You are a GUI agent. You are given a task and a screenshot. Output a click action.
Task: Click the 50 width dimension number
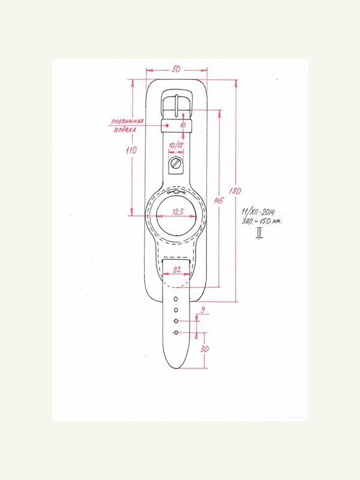(x=176, y=70)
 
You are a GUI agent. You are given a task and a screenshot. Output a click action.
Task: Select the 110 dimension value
(x=131, y=151)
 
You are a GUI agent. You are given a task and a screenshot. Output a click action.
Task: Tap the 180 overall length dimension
(x=235, y=191)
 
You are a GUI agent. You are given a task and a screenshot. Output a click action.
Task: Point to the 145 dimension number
(x=219, y=201)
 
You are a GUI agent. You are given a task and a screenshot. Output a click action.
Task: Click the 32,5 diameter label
(x=178, y=212)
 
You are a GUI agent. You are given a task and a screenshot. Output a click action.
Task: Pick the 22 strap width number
(x=177, y=269)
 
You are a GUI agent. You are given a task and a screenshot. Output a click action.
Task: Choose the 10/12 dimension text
(x=176, y=145)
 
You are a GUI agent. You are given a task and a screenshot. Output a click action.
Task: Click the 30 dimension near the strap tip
(x=205, y=349)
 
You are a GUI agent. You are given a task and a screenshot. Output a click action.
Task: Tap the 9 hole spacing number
(x=202, y=310)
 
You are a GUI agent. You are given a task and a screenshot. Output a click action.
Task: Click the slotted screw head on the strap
(x=176, y=163)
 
